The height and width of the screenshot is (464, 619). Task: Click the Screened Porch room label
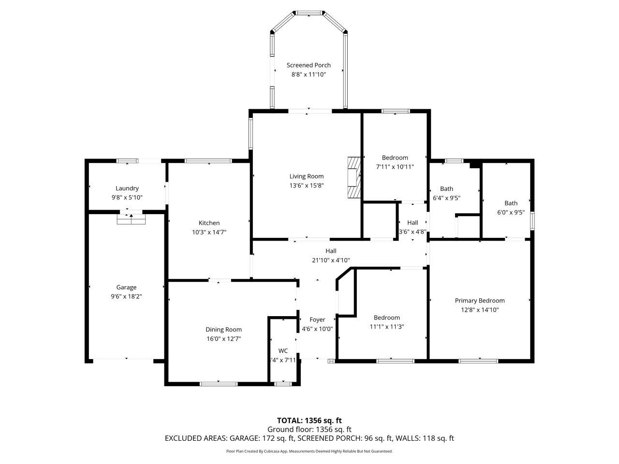[x=309, y=65]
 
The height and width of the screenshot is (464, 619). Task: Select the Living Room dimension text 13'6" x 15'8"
[x=307, y=186]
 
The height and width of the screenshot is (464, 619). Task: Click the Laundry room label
[x=127, y=188]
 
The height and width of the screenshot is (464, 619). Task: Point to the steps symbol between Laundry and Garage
[x=131, y=219]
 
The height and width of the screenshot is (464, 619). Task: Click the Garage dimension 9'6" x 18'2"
[x=126, y=297]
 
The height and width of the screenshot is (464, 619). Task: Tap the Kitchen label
[x=209, y=223]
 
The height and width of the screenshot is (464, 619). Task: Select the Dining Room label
[x=223, y=330]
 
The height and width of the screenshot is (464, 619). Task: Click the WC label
[x=283, y=351]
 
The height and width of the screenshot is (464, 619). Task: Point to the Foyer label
[x=317, y=319]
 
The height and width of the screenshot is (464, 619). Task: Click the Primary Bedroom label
[x=480, y=301]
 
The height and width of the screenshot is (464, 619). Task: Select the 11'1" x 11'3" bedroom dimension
[x=387, y=327]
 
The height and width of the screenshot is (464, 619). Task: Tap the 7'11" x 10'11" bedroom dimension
[x=395, y=167]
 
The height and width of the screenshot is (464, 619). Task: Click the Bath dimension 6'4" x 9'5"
[x=446, y=198]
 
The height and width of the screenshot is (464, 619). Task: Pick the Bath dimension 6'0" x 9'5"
[x=511, y=212]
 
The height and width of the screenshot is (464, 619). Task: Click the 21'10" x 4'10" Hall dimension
[x=331, y=260]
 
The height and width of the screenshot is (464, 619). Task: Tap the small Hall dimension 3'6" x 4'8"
[x=413, y=232]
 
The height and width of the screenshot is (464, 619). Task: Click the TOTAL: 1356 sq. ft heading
[x=309, y=420]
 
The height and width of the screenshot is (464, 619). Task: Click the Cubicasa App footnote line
[x=309, y=451]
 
